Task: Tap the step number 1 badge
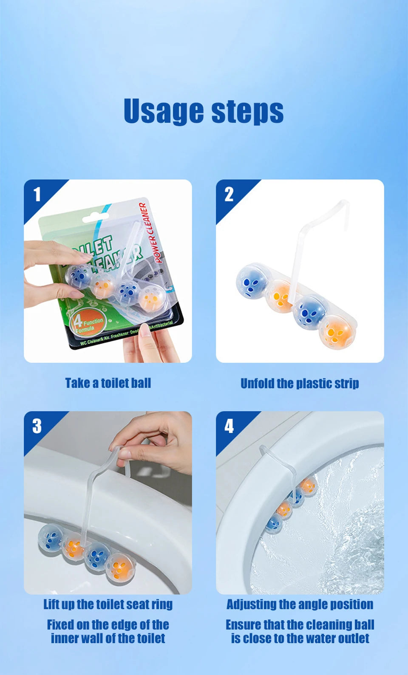[37, 194]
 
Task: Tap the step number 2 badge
[229, 194]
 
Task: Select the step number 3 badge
[37, 426]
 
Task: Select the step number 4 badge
[229, 426]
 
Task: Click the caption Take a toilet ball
[108, 383]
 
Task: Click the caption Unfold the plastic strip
[300, 383]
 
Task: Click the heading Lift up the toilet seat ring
[108, 604]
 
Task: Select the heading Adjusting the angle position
[300, 604]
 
